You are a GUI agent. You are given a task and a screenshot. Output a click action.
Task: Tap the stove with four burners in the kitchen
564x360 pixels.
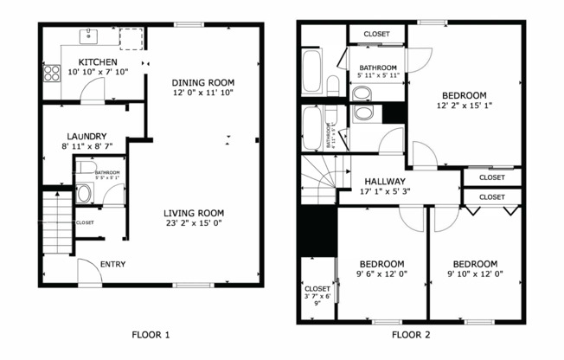click(x=51, y=73)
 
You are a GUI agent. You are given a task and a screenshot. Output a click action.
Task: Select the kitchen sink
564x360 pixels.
click(x=89, y=36)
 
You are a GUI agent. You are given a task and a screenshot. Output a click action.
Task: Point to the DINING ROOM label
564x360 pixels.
click(x=203, y=82)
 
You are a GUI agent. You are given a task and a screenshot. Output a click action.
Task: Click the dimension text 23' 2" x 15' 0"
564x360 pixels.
click(x=194, y=222)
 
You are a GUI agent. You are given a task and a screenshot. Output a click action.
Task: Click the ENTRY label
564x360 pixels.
click(x=112, y=264)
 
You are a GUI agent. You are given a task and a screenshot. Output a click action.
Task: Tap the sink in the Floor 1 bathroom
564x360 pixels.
click(x=85, y=194)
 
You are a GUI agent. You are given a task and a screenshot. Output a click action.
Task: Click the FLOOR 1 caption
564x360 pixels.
click(x=151, y=334)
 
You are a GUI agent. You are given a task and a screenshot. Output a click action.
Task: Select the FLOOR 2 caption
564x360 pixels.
click(x=410, y=334)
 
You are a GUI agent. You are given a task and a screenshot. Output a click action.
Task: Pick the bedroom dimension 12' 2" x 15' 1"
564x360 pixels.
click(x=464, y=106)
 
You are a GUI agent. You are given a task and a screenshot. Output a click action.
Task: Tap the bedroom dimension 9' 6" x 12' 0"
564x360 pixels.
click(x=381, y=274)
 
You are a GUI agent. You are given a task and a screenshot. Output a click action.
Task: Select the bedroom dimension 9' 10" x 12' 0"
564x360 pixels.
click(x=474, y=274)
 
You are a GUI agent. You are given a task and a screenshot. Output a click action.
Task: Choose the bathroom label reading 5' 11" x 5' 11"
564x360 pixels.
click(x=378, y=75)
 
